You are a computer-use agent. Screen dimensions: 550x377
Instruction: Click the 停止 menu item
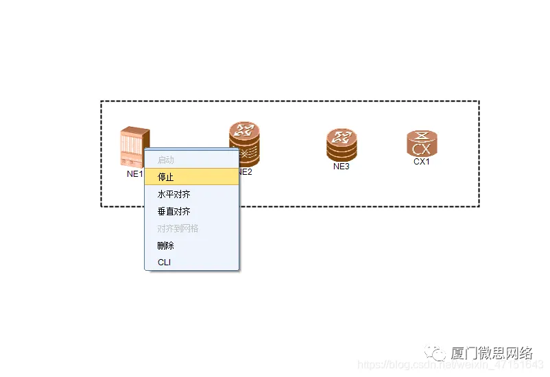pos(166,177)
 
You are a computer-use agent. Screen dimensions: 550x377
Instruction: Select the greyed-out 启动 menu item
pos(166,160)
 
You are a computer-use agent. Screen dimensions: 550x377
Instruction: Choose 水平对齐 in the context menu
pos(174,194)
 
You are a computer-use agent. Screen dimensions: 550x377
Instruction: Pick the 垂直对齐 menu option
pos(174,211)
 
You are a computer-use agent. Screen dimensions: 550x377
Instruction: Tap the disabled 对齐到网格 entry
pos(178,228)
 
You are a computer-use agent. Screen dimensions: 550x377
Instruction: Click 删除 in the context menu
pos(166,245)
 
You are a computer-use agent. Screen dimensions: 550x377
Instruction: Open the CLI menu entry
pos(165,263)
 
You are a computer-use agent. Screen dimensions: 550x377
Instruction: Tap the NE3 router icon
pos(342,145)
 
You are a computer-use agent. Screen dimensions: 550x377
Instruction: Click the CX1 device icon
pos(422,143)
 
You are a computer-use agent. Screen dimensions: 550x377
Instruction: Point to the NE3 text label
pos(342,166)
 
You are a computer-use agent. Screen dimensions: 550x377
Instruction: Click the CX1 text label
pos(422,162)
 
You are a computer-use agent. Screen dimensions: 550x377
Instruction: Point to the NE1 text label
pos(134,174)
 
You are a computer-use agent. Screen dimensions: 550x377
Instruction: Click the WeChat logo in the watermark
pos(435,354)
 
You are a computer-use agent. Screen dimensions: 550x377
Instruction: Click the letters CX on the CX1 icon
pos(422,149)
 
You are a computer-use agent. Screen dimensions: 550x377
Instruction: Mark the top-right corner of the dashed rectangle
pos(479,101)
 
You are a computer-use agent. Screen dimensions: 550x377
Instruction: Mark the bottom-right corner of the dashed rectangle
pos(479,206)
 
